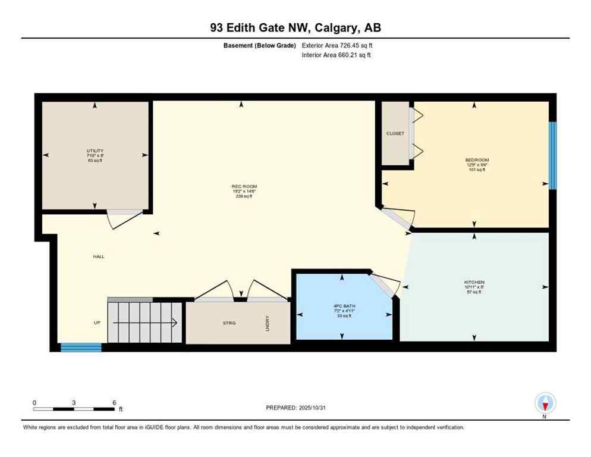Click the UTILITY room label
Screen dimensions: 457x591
tap(95, 151)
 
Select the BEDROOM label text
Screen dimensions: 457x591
tap(476, 160)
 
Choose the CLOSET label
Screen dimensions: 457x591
tap(395, 133)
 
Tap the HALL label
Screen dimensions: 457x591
tap(99, 256)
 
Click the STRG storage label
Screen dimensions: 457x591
tap(229, 323)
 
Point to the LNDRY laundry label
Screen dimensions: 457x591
tap(268, 323)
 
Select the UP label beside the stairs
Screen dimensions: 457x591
tap(96, 323)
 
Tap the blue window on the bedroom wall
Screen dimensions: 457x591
tap(552, 155)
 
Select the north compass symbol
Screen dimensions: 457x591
tap(545, 404)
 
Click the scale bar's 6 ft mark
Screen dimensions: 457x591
tap(114, 402)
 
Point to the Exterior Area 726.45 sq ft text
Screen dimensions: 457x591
tap(338, 45)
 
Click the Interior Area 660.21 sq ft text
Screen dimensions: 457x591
tap(337, 55)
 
